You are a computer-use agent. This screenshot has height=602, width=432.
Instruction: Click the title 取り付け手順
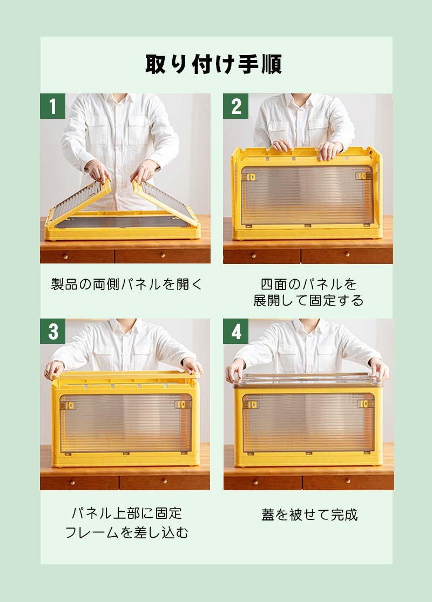pos(213,64)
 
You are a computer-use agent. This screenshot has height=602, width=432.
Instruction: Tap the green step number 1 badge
pos(52,106)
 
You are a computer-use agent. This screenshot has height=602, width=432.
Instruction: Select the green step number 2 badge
pos(236,106)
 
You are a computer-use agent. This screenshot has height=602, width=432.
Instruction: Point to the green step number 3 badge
pos(52,331)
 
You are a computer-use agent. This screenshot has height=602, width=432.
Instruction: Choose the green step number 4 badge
pos(236,331)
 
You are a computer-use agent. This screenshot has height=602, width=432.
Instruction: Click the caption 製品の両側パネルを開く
pos(126,284)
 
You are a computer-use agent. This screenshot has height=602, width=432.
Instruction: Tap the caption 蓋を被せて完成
pos(309,515)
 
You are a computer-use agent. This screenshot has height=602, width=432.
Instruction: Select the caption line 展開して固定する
pos(308,300)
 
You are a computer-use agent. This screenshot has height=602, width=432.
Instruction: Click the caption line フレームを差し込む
pos(127,532)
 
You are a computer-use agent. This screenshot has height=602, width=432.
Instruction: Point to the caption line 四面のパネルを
pos(309,284)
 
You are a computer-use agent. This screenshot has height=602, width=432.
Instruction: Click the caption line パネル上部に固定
pos(127,513)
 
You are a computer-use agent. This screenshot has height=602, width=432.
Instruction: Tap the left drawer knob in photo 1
pos(66,256)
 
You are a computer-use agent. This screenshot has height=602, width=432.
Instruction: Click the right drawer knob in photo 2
pos(347,254)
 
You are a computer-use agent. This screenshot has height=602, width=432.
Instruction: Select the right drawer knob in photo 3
pos(164,481)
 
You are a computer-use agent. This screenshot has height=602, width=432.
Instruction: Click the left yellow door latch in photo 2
pos(252,177)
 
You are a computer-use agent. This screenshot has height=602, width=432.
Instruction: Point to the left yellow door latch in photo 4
pos(252,404)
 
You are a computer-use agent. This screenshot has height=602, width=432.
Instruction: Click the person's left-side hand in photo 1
pos(98,171)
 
